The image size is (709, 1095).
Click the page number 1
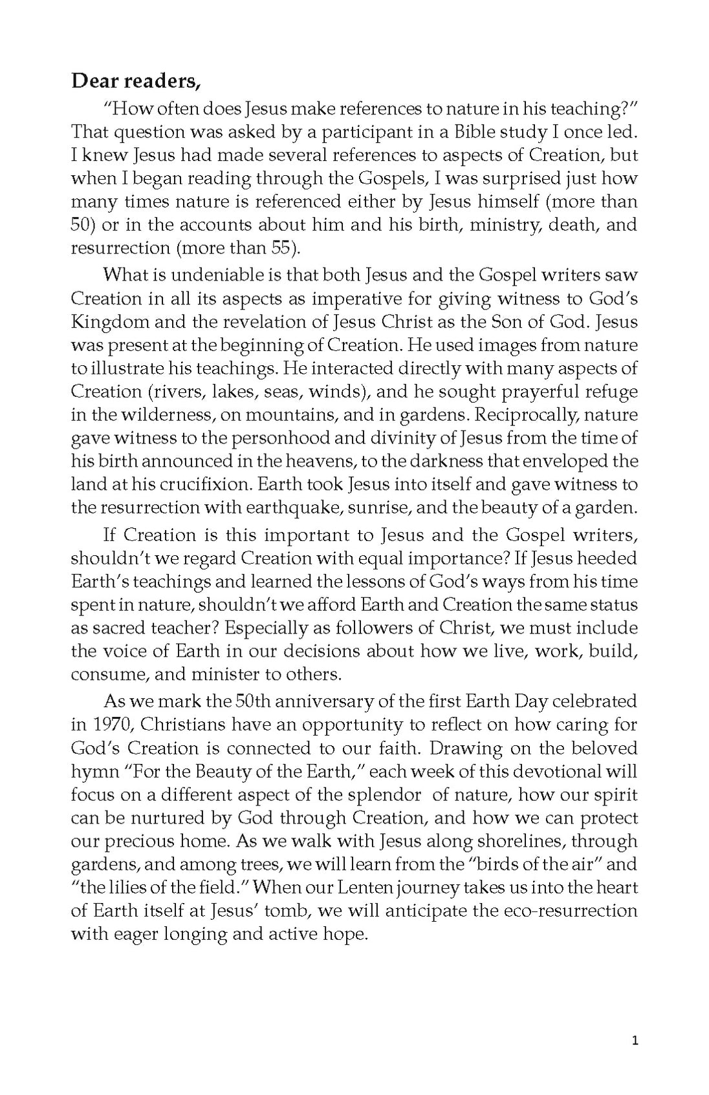[635, 1041]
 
